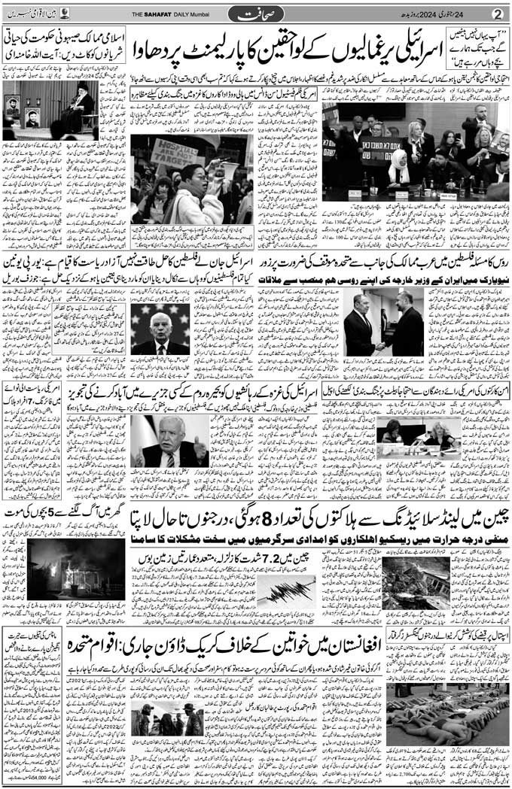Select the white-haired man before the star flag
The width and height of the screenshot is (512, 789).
pyautogui.click(x=160, y=332)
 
